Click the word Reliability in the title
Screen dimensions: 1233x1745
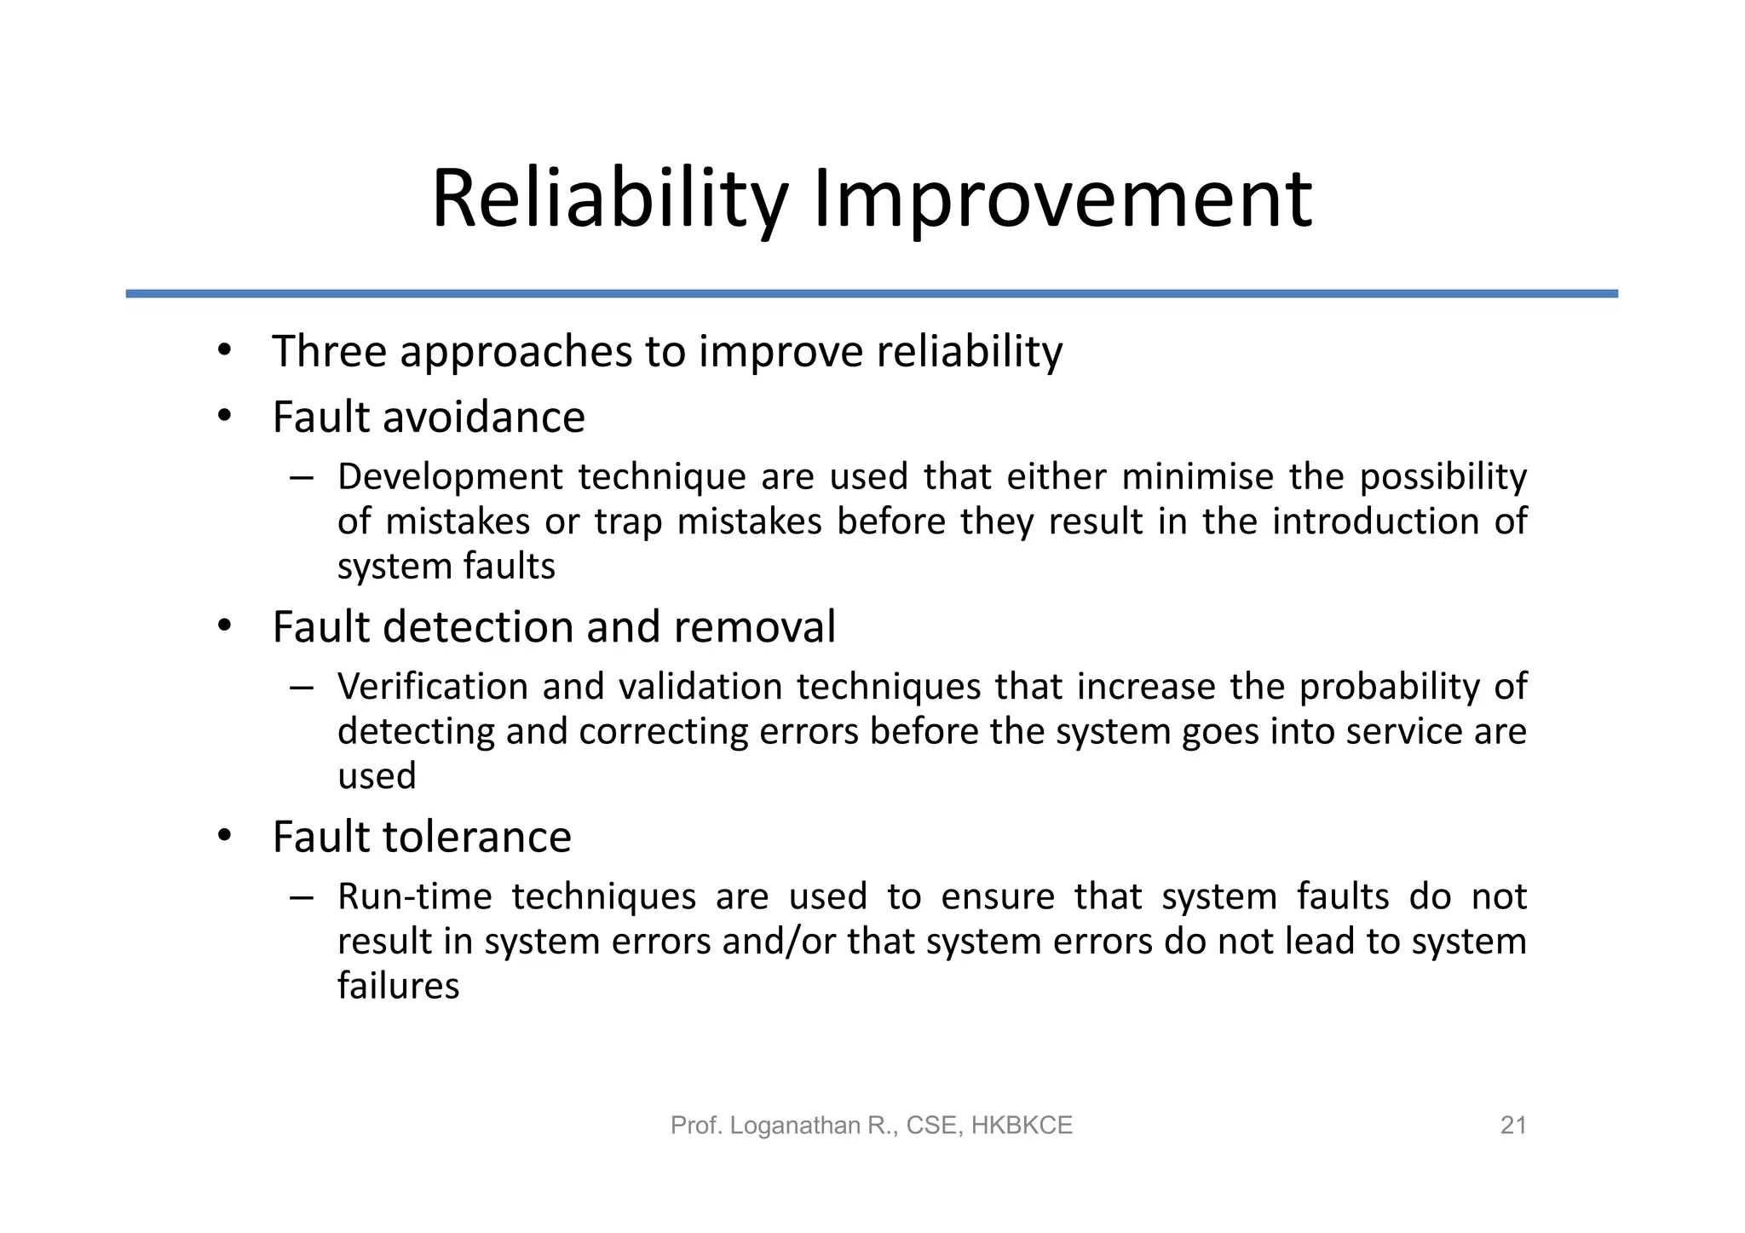coord(608,200)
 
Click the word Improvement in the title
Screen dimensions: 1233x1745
coord(1063,200)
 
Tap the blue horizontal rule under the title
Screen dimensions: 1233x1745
coord(872,294)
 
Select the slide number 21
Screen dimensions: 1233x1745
coord(1513,1126)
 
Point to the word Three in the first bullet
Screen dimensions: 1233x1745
coord(329,351)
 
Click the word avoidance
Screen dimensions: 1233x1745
coord(483,418)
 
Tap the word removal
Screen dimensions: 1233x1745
coord(754,627)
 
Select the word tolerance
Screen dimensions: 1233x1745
coord(476,837)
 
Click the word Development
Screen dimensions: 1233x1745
coord(450,477)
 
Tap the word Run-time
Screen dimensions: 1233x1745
coord(415,896)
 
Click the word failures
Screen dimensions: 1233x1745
coord(398,987)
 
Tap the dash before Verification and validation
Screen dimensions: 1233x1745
coord(301,687)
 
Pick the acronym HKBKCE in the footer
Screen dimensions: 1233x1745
coord(1022,1126)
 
